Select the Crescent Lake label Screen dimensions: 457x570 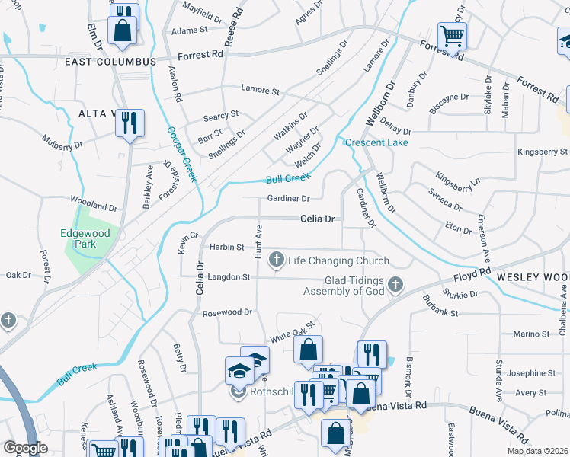coord(376,142)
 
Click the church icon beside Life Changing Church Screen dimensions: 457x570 coord(276,260)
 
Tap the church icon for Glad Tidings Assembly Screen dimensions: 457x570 coord(395,286)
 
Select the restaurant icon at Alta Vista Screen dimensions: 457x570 coord(130,122)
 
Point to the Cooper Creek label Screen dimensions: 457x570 coord(182,153)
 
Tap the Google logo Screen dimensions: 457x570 coord(25,448)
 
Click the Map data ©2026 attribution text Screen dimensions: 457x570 coord(537,451)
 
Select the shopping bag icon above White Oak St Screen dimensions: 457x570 coord(308,350)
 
